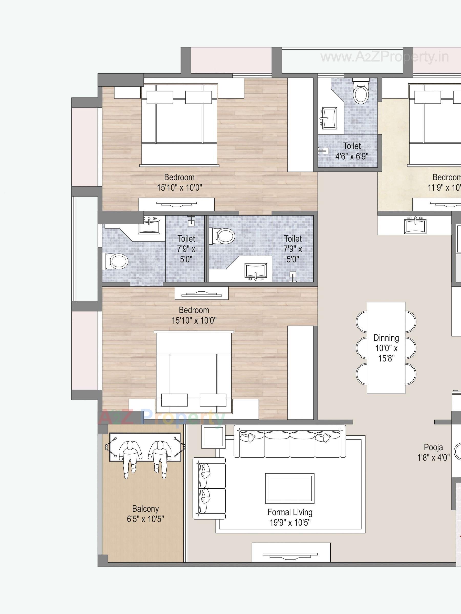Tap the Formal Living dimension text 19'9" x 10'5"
click(290, 523)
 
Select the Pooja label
click(433, 447)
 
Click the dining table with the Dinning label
click(386, 348)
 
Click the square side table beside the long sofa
click(213, 437)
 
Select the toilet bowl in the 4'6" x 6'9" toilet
click(361, 94)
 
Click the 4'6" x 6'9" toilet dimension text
click(352, 156)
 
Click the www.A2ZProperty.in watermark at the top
click(385, 58)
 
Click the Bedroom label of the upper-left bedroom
click(179, 177)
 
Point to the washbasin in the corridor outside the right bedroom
click(415, 226)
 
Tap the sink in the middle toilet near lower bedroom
click(255, 270)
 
